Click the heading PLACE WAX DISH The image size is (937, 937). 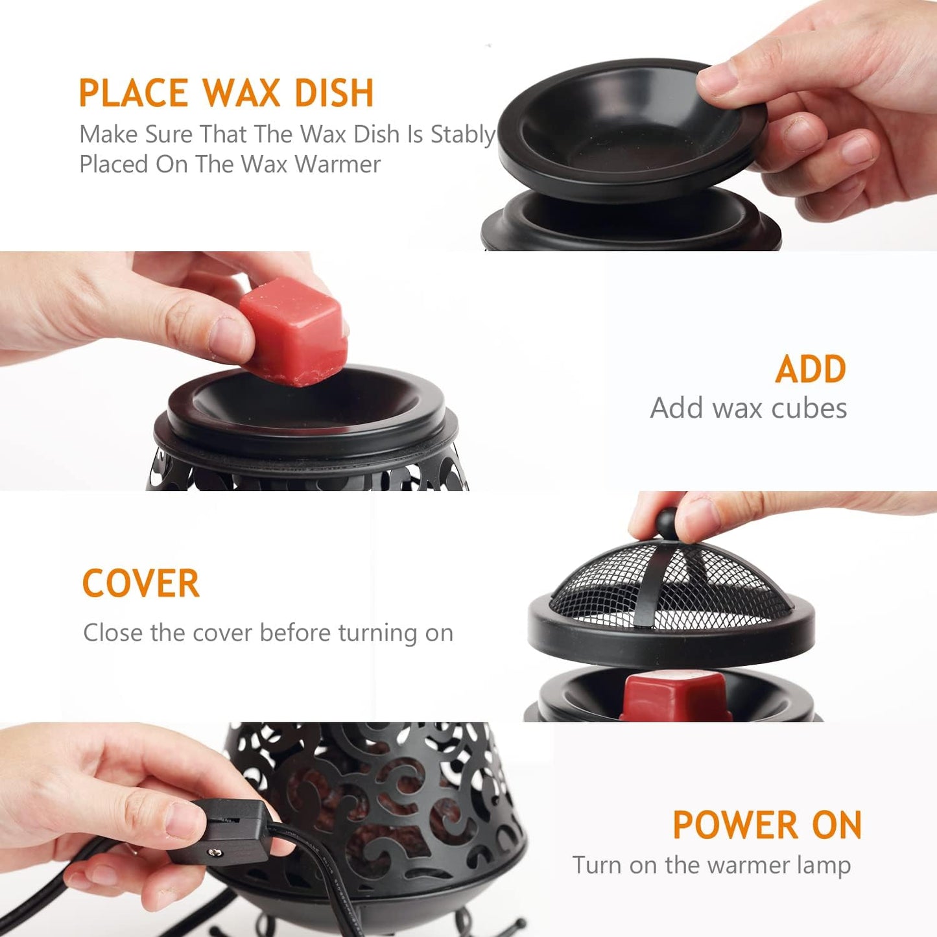(x=226, y=93)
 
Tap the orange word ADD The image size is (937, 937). (x=811, y=370)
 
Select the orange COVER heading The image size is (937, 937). (x=141, y=583)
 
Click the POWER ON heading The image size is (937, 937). (x=767, y=825)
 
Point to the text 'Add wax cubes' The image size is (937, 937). (x=748, y=409)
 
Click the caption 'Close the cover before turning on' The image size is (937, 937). (x=268, y=632)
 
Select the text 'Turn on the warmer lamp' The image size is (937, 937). (x=711, y=865)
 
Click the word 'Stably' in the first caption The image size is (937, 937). (x=463, y=134)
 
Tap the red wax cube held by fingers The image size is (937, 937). (x=294, y=331)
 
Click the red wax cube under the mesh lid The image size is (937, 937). (x=674, y=696)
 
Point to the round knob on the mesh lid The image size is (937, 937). (x=668, y=521)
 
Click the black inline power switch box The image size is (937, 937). (x=220, y=831)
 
